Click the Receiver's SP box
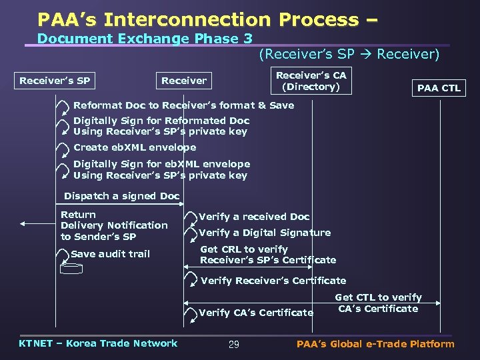click(x=55, y=81)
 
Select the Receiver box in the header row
click(x=184, y=81)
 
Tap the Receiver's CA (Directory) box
click(x=311, y=81)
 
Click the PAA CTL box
click(x=439, y=88)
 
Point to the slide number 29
click(x=233, y=345)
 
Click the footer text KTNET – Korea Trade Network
click(x=98, y=343)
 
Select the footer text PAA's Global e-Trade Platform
click(x=375, y=344)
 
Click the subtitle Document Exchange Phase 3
click(x=139, y=39)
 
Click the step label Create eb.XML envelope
click(x=135, y=147)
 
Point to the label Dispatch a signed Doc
click(x=121, y=196)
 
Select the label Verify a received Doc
click(x=254, y=217)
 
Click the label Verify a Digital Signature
click(x=265, y=233)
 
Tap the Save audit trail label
click(x=110, y=254)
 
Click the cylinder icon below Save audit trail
click(x=70, y=269)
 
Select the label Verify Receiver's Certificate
click(x=273, y=281)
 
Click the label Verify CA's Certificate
click(x=256, y=313)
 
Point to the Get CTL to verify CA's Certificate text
click(x=378, y=303)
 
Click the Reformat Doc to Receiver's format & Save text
click(x=183, y=105)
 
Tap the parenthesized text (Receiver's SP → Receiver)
click(x=349, y=55)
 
